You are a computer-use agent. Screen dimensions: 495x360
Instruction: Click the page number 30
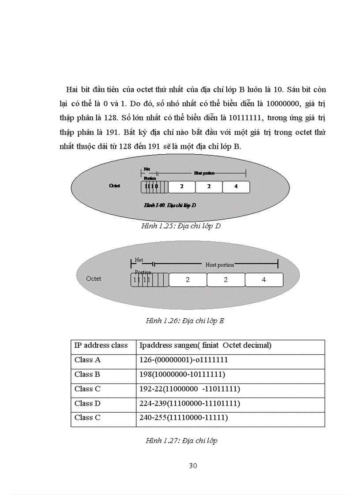193,466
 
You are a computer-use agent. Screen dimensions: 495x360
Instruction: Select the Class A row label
87,360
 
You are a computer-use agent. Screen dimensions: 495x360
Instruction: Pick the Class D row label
87,403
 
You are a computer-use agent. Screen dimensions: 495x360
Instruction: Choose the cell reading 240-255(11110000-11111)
183,417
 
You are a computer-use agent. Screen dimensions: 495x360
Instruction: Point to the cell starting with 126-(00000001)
183,360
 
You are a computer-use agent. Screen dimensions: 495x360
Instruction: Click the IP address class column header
101,345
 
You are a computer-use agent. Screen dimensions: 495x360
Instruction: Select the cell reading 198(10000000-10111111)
182,375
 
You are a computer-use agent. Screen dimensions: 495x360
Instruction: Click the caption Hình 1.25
180,226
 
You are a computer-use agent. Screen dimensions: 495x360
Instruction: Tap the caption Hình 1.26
184,321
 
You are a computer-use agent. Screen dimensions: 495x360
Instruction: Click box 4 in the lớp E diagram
264,280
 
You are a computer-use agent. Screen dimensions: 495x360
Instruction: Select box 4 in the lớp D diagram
236,186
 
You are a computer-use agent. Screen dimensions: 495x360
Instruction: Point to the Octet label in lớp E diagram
94,279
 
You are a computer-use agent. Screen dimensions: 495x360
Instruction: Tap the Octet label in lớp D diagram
115,186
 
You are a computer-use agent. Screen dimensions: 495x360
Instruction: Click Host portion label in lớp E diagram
220,265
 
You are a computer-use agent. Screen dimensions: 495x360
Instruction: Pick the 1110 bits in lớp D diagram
151,186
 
